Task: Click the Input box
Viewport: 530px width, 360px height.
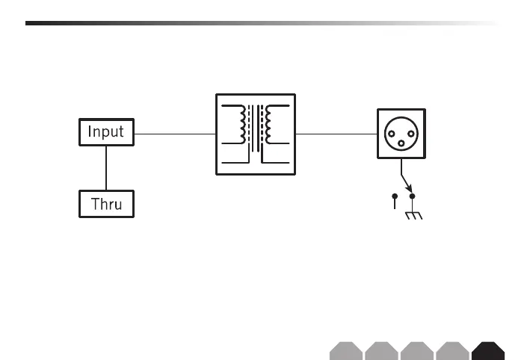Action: pos(106,133)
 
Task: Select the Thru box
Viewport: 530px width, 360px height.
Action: pos(106,204)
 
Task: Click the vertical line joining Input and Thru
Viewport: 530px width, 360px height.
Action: pos(106,168)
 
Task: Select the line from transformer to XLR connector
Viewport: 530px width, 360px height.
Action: pos(336,134)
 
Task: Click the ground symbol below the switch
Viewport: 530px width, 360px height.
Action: pos(412,216)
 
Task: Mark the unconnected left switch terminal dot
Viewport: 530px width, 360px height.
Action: pos(395,196)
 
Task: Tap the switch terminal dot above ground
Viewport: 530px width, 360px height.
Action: pos(412,196)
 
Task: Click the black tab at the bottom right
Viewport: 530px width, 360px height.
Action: pos(489,351)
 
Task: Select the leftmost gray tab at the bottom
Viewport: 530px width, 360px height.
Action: pos(345,351)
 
